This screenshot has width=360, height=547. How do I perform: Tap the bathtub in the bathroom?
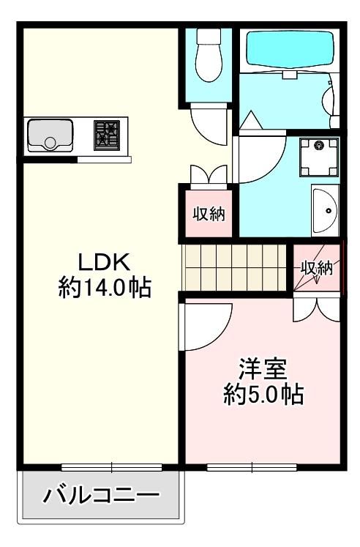(x=289, y=50)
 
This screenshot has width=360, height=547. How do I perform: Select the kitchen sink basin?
(x=50, y=135)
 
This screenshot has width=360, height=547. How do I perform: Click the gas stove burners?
(x=107, y=135)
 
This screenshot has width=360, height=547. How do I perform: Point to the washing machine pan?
(x=319, y=157)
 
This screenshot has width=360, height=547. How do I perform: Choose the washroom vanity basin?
(x=325, y=210)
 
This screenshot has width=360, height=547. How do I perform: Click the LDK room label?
(x=104, y=262)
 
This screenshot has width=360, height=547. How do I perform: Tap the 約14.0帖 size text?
(x=105, y=287)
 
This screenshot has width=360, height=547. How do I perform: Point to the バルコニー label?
(x=101, y=495)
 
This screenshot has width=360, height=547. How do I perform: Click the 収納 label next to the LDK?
(x=209, y=214)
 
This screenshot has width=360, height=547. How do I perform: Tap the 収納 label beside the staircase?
(x=317, y=268)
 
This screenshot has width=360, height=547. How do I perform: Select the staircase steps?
(x=235, y=267)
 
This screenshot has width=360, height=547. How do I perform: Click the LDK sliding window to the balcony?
(x=111, y=467)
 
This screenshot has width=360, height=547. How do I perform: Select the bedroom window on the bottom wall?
(x=252, y=467)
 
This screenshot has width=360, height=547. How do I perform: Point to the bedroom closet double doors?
(x=316, y=310)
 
